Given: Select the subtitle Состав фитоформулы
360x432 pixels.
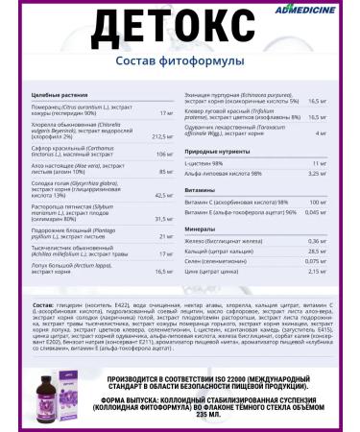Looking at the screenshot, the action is click(x=180, y=63).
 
